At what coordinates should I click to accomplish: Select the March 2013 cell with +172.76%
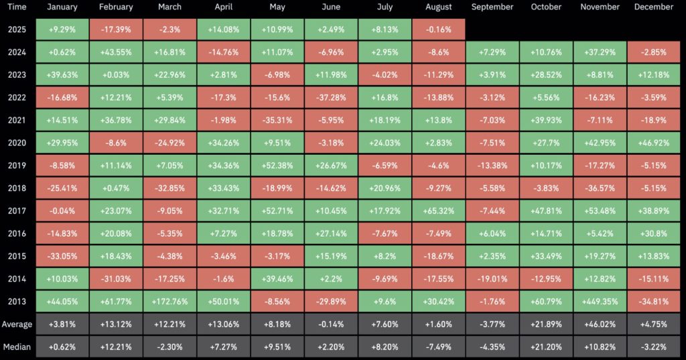(x=170, y=302)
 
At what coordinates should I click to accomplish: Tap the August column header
(x=438, y=7)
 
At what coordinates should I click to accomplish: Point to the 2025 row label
(x=16, y=29)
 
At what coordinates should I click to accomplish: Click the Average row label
(x=16, y=324)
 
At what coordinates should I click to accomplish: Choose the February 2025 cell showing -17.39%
(x=115, y=29)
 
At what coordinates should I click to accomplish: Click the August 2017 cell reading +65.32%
(x=438, y=211)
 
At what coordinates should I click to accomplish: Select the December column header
(x=653, y=7)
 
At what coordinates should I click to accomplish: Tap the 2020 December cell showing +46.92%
(x=653, y=143)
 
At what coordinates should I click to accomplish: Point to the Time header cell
(x=16, y=7)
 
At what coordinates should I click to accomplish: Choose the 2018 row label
(x=16, y=188)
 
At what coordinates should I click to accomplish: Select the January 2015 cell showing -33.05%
(x=62, y=257)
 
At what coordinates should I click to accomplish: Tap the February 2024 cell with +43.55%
(x=115, y=52)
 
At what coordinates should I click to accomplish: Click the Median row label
(x=16, y=347)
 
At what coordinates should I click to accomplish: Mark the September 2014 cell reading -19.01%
(x=492, y=279)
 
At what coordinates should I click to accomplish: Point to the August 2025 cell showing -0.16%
(x=438, y=29)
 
